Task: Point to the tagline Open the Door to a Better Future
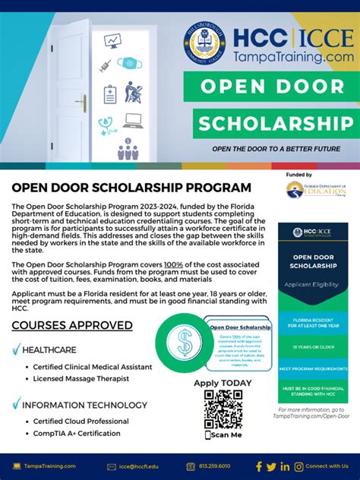(x=276, y=149)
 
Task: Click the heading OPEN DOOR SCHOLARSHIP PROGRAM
(x=131, y=187)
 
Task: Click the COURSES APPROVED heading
(x=72, y=326)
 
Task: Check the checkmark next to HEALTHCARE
(x=16, y=350)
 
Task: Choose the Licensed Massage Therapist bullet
(x=81, y=378)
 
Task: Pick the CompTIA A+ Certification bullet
(x=76, y=434)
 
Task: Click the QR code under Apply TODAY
(x=223, y=410)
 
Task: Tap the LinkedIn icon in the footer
(x=285, y=466)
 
